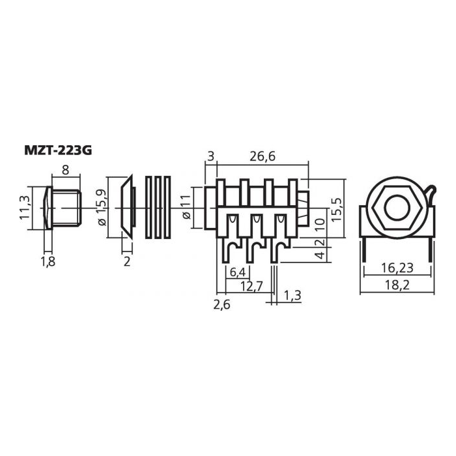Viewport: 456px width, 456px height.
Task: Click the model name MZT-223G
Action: coord(58,150)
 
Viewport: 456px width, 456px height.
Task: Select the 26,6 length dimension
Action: coord(263,156)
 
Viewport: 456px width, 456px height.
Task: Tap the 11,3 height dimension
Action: coord(25,207)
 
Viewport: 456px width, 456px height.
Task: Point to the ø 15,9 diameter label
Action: coord(102,207)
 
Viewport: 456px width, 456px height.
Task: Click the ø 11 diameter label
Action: coord(186,207)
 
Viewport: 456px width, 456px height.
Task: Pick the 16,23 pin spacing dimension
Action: coord(397,268)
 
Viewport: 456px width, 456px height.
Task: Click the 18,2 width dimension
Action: coord(397,285)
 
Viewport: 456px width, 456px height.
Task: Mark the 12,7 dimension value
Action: coord(251,287)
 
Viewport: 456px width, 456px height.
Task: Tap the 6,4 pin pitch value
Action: coord(238,272)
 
